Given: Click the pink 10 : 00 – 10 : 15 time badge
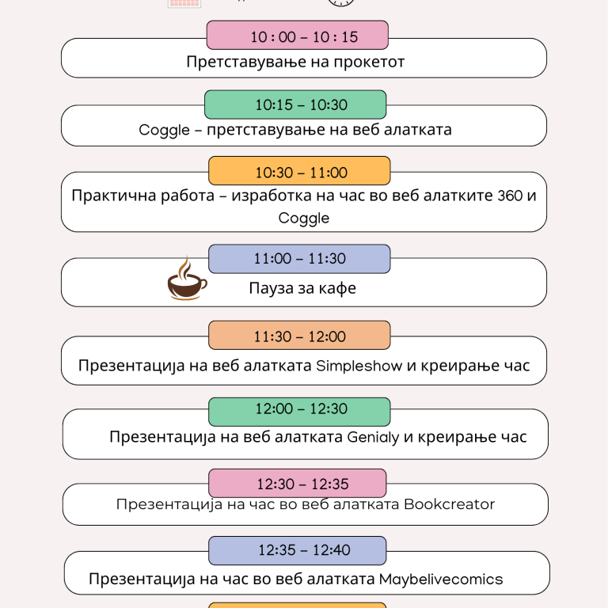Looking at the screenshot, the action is (x=298, y=36).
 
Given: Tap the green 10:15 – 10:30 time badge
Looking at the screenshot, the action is (x=295, y=104).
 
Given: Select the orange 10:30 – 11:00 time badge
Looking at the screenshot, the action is (x=299, y=171).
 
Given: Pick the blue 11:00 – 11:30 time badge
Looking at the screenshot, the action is (x=299, y=259).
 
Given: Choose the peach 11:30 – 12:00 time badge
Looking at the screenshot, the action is (x=299, y=335).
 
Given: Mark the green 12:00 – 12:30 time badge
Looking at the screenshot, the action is (x=299, y=412).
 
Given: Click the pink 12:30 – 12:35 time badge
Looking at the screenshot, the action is (x=298, y=483).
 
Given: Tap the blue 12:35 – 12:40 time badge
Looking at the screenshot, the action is (x=298, y=551).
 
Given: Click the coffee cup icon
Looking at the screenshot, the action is (x=188, y=286).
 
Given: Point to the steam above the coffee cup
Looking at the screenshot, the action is (x=185, y=267).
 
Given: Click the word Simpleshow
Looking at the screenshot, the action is (x=359, y=366).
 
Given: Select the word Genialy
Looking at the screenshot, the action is (x=373, y=437).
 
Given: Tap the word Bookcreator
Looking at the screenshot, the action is (x=450, y=504).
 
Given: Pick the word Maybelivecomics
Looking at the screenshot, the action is (x=441, y=579).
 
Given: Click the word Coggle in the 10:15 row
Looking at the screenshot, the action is (x=164, y=131).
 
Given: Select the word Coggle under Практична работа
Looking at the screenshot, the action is (x=304, y=218).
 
